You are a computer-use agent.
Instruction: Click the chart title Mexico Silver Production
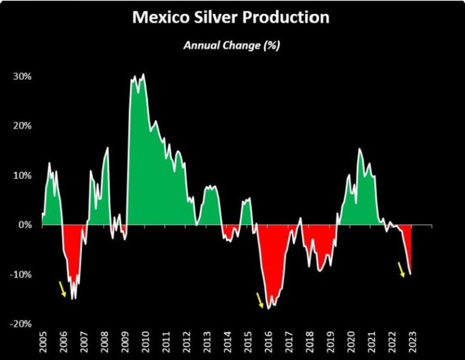pos(230,18)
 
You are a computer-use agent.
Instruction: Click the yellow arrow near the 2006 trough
pos(63,289)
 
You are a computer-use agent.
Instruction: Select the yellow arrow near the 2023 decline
pos(401,269)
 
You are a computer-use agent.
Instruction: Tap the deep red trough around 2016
pos(270,268)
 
